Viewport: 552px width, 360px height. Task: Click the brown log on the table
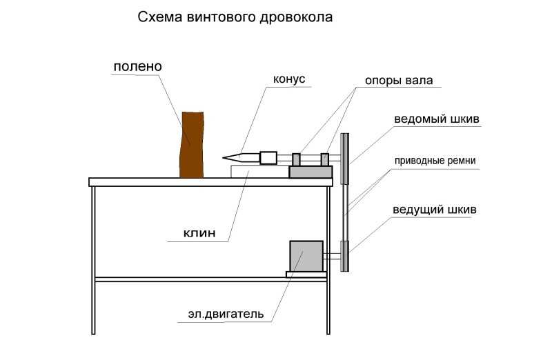192,145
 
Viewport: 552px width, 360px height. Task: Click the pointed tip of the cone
223,158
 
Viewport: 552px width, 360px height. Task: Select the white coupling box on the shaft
268,158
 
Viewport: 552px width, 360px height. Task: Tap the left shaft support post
297,159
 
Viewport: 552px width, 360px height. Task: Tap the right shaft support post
325,159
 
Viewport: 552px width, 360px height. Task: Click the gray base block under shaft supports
311,172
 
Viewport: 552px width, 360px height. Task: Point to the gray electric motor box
306,256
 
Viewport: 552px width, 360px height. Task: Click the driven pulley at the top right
345,159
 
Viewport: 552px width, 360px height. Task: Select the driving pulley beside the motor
344,256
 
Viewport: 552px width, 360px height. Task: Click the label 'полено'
137,66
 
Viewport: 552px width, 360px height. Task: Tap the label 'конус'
289,79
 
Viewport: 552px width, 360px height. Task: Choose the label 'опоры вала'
399,81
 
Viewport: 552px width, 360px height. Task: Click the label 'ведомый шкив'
437,119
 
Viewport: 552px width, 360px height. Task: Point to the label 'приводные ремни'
435,161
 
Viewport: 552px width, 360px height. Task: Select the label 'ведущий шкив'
435,210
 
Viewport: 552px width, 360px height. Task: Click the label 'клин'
199,233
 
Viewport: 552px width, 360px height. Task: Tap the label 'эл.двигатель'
226,314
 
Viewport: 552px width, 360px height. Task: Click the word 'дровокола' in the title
296,17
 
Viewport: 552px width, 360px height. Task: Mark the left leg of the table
93,260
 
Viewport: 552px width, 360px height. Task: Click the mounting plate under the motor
306,274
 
